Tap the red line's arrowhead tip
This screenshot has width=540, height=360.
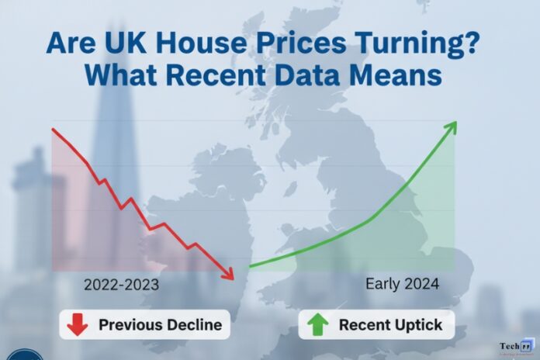point(232,279)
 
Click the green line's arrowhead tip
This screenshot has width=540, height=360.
point(456,122)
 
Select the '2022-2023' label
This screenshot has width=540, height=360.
point(121,285)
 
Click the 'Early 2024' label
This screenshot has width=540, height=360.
point(402,284)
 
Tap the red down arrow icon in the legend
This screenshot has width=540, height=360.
point(78,324)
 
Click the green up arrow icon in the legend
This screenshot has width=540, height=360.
point(319,324)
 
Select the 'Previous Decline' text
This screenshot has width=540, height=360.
point(159,325)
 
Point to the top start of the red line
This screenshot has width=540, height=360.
point(52,128)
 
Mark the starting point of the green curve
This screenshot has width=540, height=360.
point(250,267)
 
